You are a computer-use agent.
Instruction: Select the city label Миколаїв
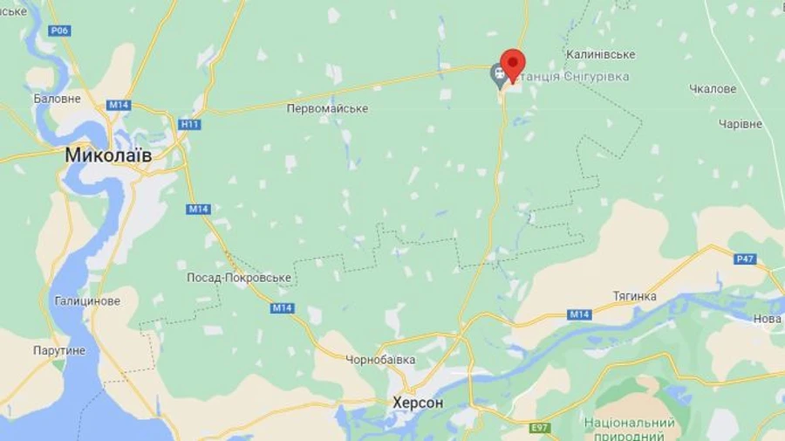pyautogui.click(x=108, y=155)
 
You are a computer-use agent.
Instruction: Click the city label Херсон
pyautogui.click(x=418, y=403)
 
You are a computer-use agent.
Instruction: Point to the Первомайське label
pyautogui.click(x=327, y=109)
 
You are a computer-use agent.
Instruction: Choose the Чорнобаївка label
pyautogui.click(x=380, y=360)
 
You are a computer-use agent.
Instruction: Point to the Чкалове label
pyautogui.click(x=713, y=89)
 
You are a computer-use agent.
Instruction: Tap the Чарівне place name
pyautogui.click(x=741, y=124)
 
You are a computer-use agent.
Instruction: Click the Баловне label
pyautogui.click(x=57, y=99)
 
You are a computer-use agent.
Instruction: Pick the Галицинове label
pyautogui.click(x=87, y=301)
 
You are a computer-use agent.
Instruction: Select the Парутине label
pyautogui.click(x=60, y=350)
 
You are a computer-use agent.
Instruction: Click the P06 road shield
pyautogui.click(x=59, y=31)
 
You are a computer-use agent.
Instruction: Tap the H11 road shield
pyautogui.click(x=189, y=124)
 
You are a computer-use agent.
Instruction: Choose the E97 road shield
pyautogui.click(x=541, y=428)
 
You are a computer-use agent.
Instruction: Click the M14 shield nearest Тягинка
pyautogui.click(x=579, y=314)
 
